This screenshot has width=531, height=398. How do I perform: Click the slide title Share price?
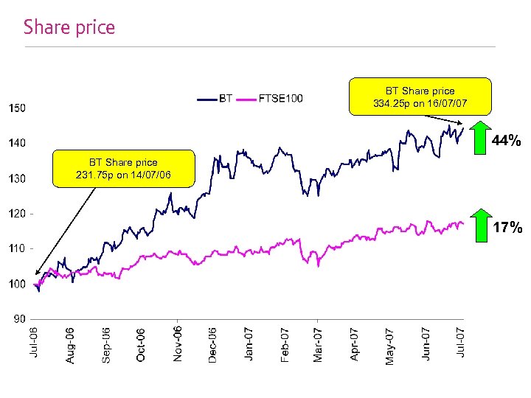(x=69, y=28)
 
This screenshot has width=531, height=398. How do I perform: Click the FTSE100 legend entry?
(x=280, y=98)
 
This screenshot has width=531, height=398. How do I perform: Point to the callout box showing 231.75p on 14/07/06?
(x=123, y=169)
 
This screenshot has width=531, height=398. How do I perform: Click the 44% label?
(x=507, y=140)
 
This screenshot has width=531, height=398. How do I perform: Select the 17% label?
(x=507, y=228)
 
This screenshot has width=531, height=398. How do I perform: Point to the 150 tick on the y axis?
(x=17, y=108)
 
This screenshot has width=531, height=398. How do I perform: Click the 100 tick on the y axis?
(x=17, y=284)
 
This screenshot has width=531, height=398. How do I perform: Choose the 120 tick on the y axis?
(x=17, y=214)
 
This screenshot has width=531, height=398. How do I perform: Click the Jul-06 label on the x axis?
(x=34, y=343)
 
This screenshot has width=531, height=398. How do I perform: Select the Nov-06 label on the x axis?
(x=178, y=343)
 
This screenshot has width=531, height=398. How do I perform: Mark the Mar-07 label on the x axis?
(x=318, y=344)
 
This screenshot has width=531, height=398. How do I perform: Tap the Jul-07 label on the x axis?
(x=461, y=343)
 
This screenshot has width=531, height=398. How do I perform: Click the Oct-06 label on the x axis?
(x=141, y=344)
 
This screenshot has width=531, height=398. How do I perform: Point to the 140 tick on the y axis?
(x=17, y=143)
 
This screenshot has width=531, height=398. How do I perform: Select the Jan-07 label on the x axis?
(x=248, y=344)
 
